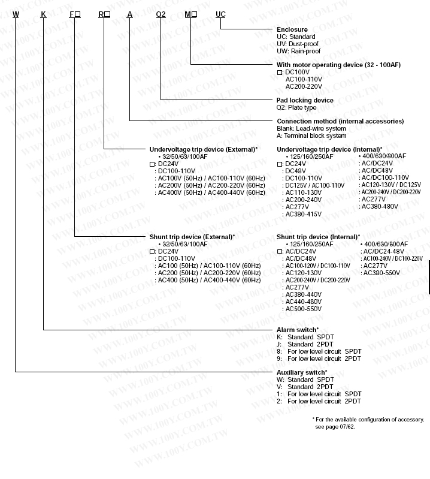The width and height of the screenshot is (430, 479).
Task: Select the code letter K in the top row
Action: pyautogui.click(x=43, y=14)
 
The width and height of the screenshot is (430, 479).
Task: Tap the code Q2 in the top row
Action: pyautogui.click(x=161, y=14)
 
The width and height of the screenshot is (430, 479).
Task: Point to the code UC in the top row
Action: pyautogui.click(x=221, y=14)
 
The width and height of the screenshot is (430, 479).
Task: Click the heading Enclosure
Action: pyautogui.click(x=292, y=29)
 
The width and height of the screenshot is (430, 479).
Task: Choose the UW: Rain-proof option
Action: pyautogui.click(x=298, y=51)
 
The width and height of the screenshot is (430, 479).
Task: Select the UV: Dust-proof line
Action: pyautogui.click(x=298, y=44)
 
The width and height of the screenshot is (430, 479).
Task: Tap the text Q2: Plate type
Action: pyautogui.click(x=296, y=107)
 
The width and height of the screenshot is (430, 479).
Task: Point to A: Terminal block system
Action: pyautogui.click(x=311, y=135)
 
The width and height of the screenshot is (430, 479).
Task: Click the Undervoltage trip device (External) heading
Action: pyautogui.click(x=204, y=149)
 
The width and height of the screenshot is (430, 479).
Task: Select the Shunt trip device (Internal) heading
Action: pyautogui.click(x=318, y=237)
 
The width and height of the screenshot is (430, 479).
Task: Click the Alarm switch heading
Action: pyautogui.click(x=297, y=330)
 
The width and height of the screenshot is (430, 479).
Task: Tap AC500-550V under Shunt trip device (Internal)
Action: pyautogui.click(x=303, y=309)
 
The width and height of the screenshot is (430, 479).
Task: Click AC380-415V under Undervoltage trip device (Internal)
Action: pyautogui.click(x=303, y=213)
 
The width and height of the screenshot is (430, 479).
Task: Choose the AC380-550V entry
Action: pyautogui.click(x=381, y=273)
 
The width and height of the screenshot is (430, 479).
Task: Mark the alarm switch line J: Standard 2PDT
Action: pyautogui.click(x=305, y=344)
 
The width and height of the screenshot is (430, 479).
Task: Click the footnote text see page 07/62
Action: pyautogui.click(x=340, y=426)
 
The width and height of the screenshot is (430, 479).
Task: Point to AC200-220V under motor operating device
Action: pyautogui.click(x=304, y=86)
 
